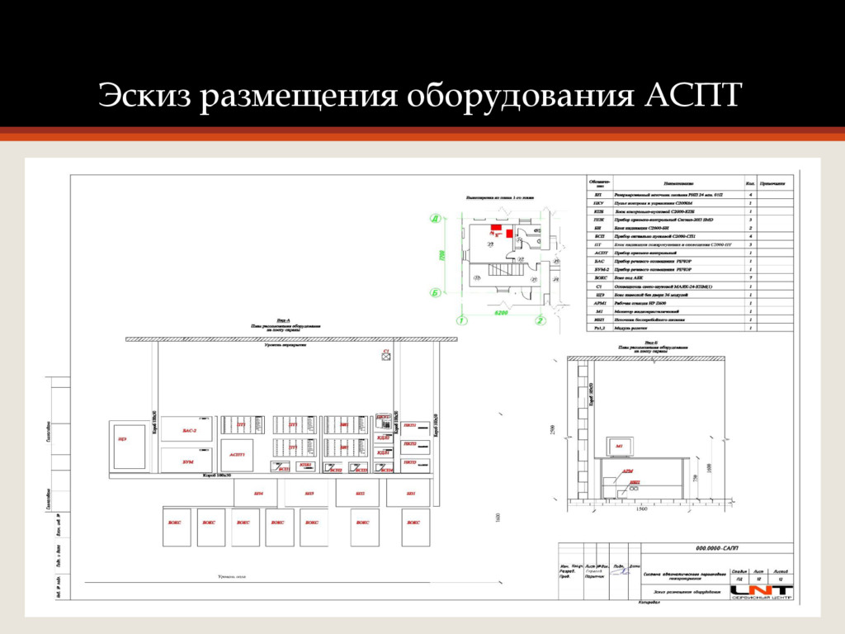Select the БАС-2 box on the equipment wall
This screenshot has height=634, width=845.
pos(189,431)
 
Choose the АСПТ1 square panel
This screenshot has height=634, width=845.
pos(238,455)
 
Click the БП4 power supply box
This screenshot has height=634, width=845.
pos(257,494)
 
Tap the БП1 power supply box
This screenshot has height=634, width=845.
pos(411,494)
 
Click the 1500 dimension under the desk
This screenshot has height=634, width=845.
pos(641,509)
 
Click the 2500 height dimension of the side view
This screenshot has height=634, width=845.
pos(552,429)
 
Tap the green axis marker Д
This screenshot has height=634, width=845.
pos(433,219)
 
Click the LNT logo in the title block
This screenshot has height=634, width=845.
pos(762,589)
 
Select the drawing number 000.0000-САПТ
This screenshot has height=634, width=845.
pos(717,547)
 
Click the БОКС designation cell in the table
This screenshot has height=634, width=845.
pos(599,278)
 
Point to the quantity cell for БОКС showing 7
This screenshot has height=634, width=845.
pos(749,278)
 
